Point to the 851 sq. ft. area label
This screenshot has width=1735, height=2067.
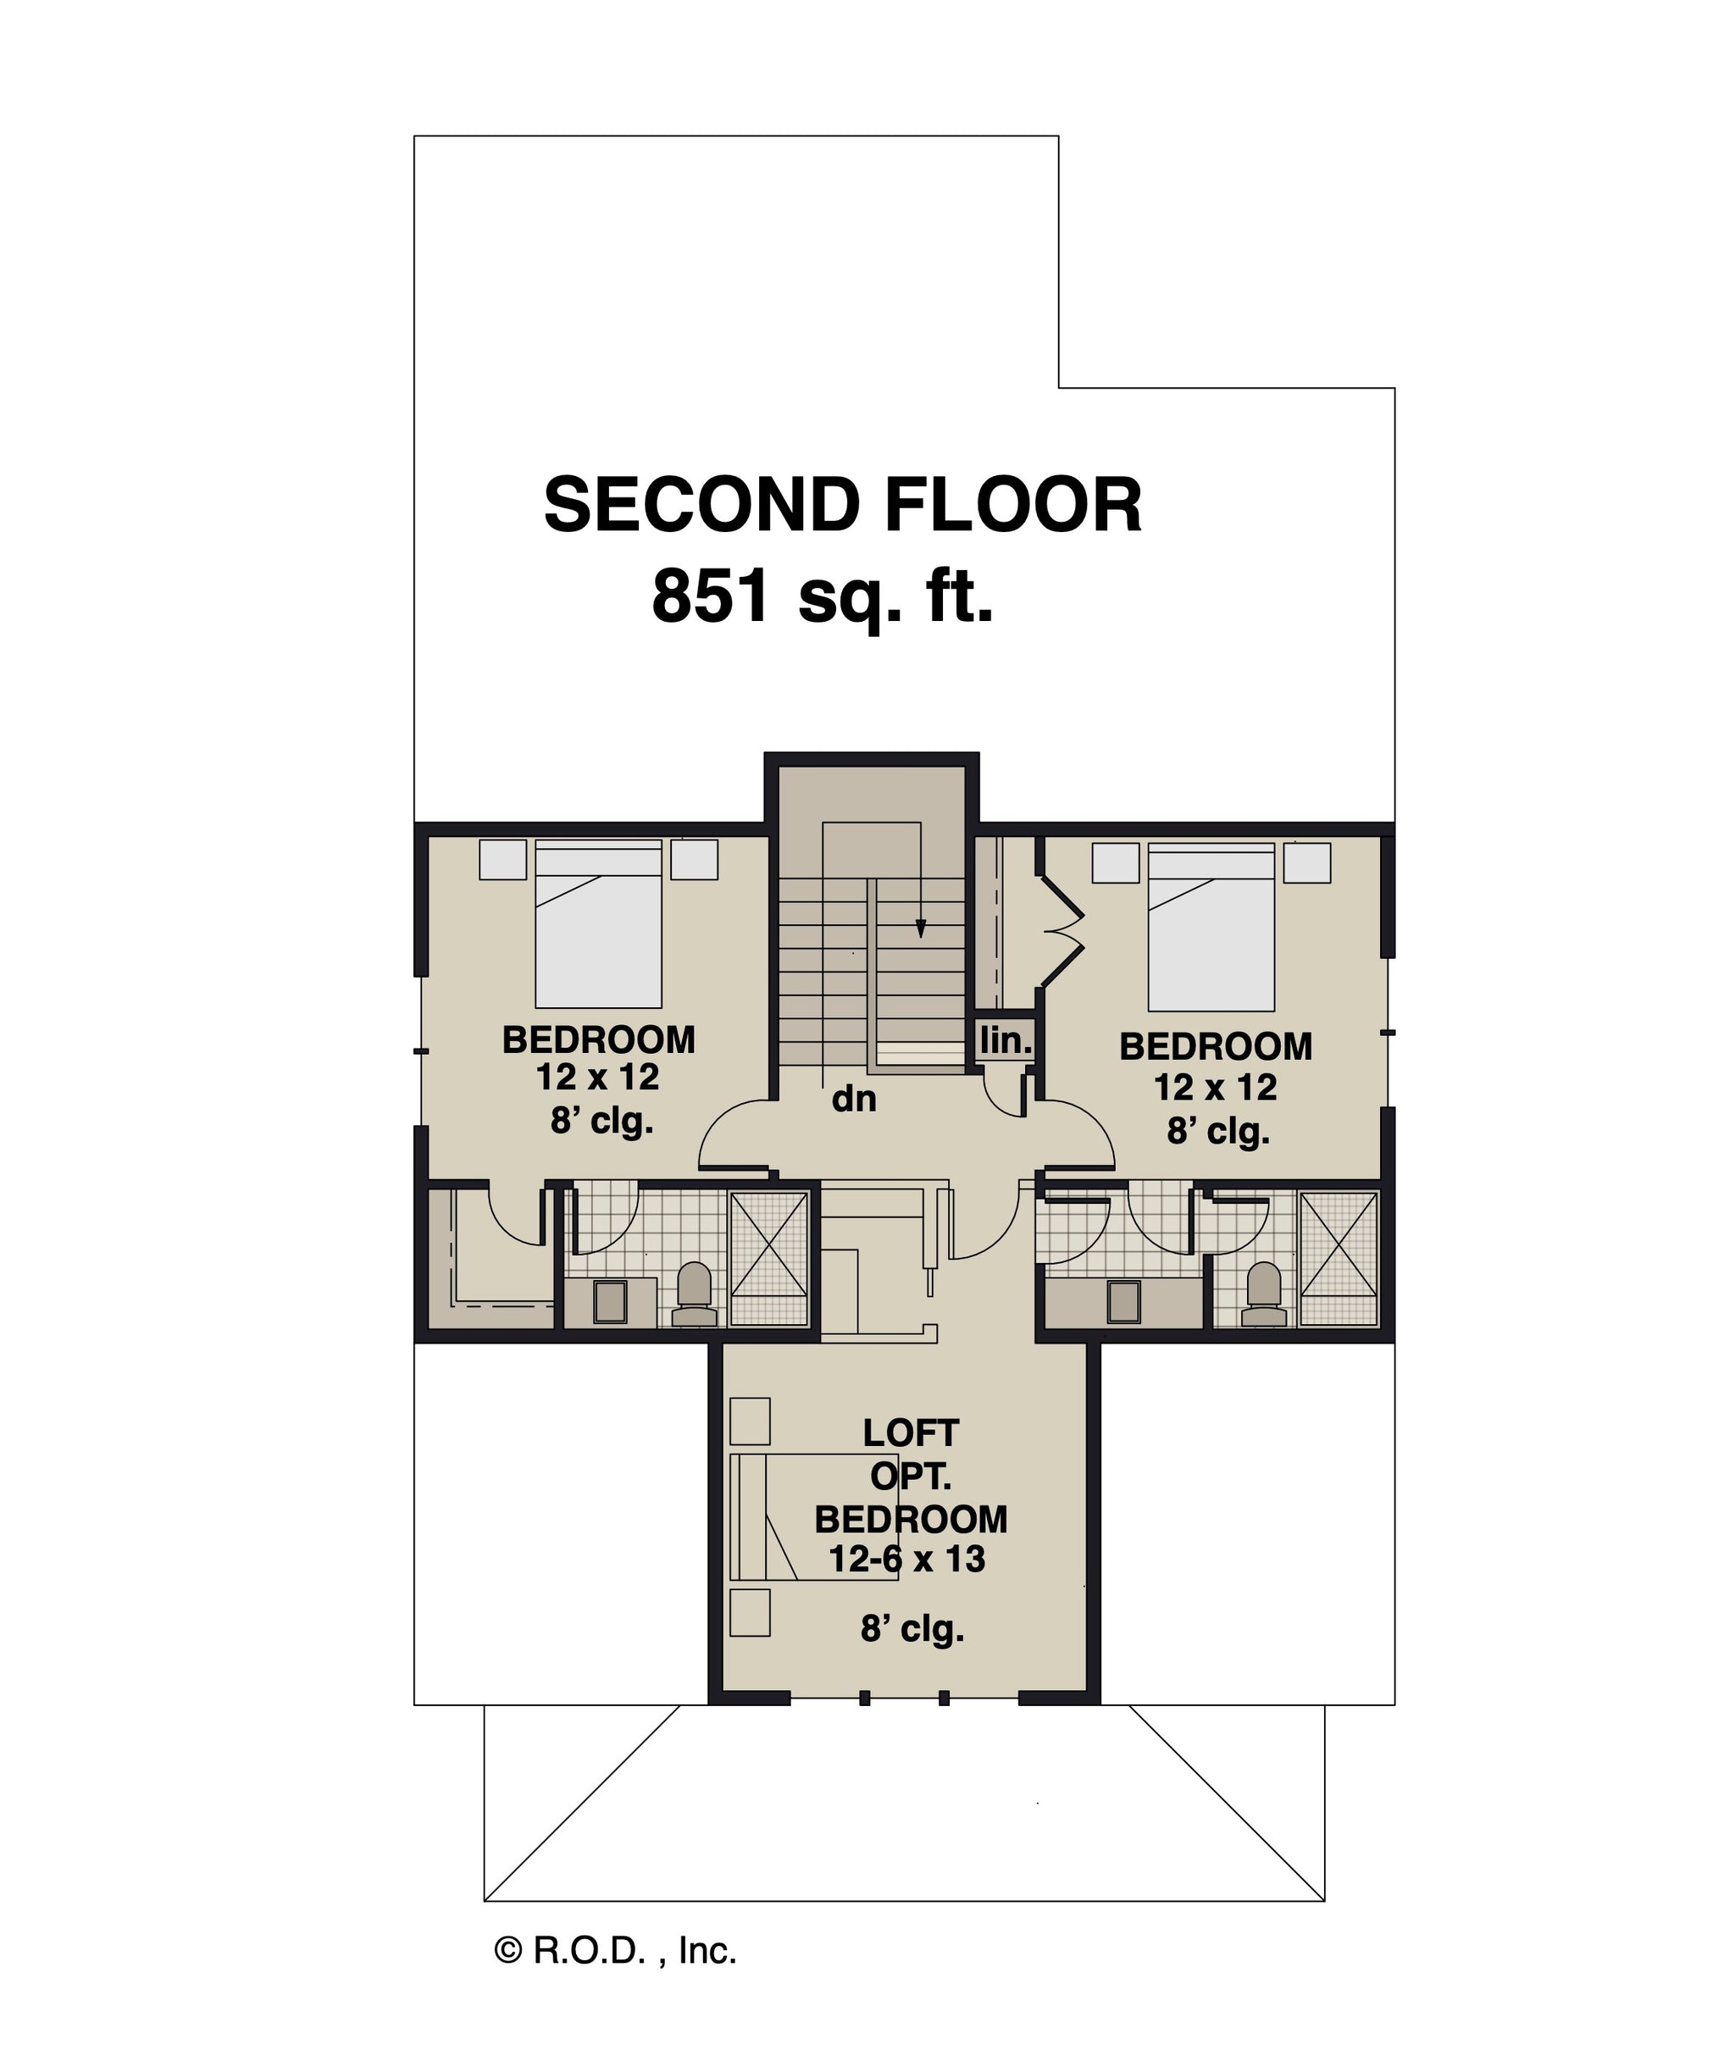[823, 597]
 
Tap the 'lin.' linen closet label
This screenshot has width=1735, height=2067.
[1005, 1039]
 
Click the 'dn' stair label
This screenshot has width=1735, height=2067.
[853, 1099]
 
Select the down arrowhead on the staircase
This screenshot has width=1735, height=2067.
[920, 928]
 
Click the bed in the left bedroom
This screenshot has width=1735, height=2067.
[598, 923]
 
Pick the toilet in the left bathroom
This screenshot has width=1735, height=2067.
[695, 1295]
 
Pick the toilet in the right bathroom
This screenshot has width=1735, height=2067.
[1264, 1295]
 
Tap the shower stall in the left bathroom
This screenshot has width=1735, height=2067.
[768, 1257]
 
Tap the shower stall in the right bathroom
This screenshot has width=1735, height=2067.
[1339, 1257]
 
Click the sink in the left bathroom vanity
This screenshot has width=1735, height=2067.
[610, 1301]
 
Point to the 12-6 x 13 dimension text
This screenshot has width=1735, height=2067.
[906, 1559]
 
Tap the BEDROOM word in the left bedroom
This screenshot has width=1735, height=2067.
[598, 1039]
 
